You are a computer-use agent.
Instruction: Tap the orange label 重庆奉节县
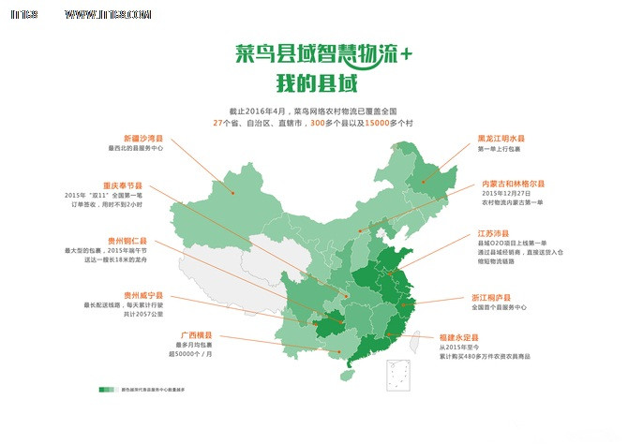tap(123, 185)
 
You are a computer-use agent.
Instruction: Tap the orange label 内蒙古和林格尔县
tap(514, 184)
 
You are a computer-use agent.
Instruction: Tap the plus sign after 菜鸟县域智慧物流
tap(406, 54)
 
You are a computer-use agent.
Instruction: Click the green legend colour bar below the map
tap(106, 388)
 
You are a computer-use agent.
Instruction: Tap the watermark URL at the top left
tap(109, 15)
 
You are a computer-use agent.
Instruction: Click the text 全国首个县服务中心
tap(501, 307)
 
